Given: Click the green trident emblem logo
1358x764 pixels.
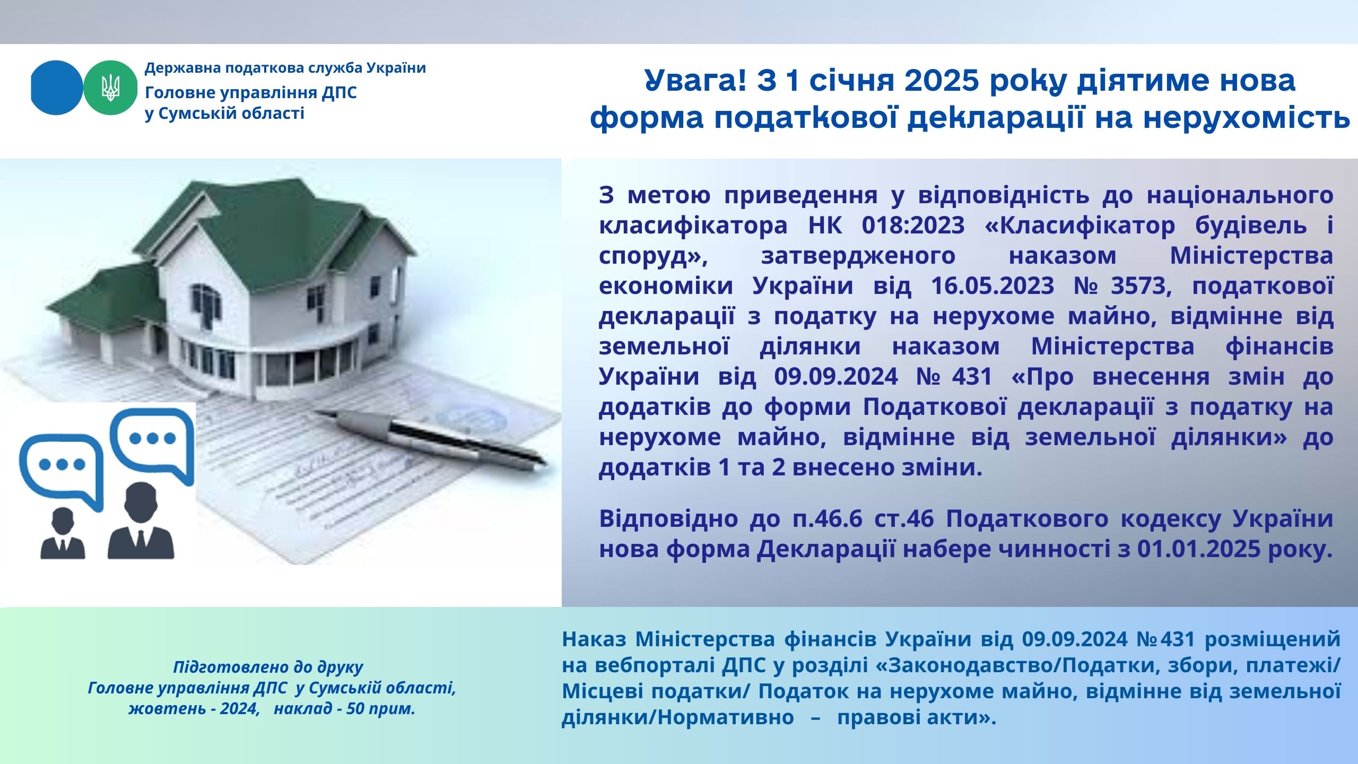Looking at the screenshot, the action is pyautogui.click(x=111, y=88).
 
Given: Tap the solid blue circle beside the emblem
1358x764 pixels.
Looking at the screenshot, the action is pyautogui.click(x=57, y=88).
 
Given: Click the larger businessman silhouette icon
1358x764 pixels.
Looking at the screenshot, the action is pyautogui.click(x=141, y=520).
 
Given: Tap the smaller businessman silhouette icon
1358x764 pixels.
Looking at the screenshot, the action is pyautogui.click(x=63, y=533).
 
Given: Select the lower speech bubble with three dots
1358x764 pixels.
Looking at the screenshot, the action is pyautogui.click(x=62, y=470).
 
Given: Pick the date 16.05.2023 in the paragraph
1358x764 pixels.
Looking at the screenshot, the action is pyautogui.click(x=993, y=286).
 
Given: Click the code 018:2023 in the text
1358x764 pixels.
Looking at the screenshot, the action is pyautogui.click(x=913, y=225).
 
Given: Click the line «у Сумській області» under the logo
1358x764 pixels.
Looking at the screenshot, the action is pyautogui.click(x=225, y=114).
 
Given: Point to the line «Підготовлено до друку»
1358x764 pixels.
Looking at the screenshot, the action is pyautogui.click(x=268, y=667).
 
